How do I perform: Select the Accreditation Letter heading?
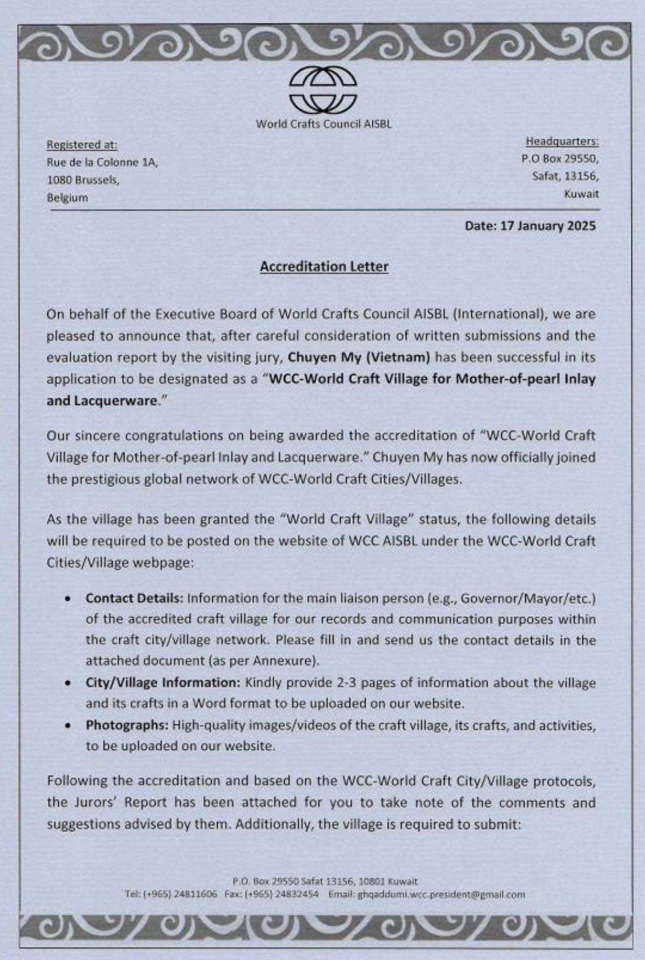pyautogui.click(x=324, y=266)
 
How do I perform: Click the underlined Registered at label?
pyautogui.click(x=82, y=144)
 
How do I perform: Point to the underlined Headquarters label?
pyautogui.click(x=562, y=141)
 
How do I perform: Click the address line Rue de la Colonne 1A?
pyautogui.click(x=102, y=162)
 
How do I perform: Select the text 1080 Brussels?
pyautogui.click(x=83, y=181)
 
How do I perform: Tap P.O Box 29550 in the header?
pyautogui.click(x=560, y=158)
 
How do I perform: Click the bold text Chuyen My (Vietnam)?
pyautogui.click(x=359, y=357)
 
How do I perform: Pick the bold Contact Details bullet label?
pyautogui.click(x=135, y=598)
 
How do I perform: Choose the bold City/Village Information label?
pyautogui.click(x=164, y=682)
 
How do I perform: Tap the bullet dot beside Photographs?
pyautogui.click(x=68, y=726)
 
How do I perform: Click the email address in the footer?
pyautogui.click(x=441, y=895)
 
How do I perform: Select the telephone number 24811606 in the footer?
pyautogui.click(x=195, y=895)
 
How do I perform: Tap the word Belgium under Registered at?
pyautogui.click(x=67, y=198)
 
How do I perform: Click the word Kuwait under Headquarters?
pyautogui.click(x=581, y=194)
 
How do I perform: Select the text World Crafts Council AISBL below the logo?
pyautogui.click(x=324, y=124)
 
